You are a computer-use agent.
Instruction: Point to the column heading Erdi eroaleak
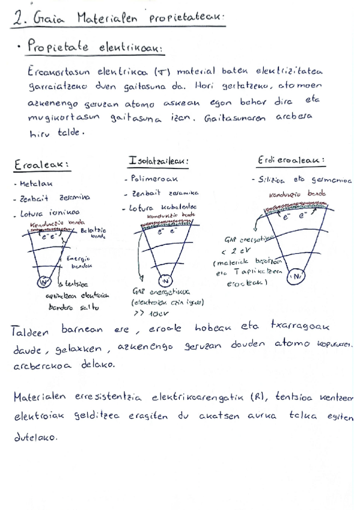pyautogui.click(x=290, y=160)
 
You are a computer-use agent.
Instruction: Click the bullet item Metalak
pyautogui.click(x=35, y=183)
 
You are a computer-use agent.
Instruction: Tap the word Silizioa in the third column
pyautogui.click(x=268, y=180)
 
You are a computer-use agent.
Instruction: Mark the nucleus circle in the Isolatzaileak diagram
pyautogui.click(x=165, y=281)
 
